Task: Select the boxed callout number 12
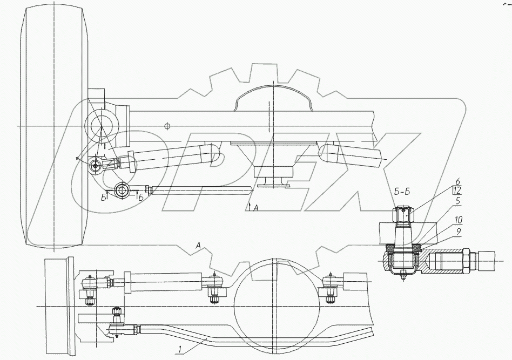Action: click(x=456, y=191)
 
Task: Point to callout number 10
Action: click(x=458, y=220)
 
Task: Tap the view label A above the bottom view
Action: click(x=199, y=246)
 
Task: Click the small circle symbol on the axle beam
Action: click(x=167, y=126)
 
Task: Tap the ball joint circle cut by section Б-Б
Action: click(x=122, y=189)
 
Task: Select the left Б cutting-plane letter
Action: click(x=103, y=198)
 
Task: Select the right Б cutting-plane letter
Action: click(x=141, y=198)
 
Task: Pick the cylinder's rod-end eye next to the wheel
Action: click(x=96, y=165)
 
